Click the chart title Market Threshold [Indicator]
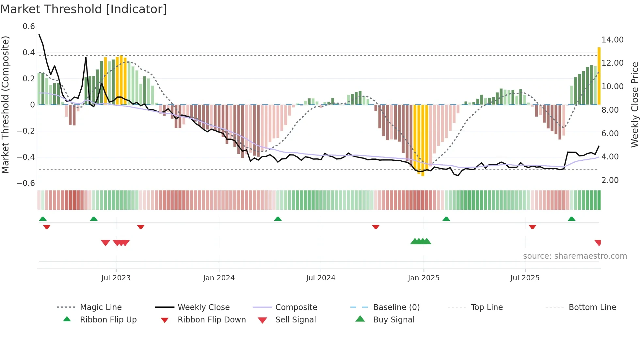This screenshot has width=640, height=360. [x=84, y=9]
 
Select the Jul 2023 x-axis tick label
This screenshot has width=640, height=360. [x=116, y=278]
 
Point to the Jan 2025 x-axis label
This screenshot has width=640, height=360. [x=424, y=278]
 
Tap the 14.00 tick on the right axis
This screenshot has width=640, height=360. [x=612, y=40]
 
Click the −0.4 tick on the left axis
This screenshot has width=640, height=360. [x=26, y=157]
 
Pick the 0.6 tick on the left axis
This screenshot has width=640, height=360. [x=28, y=26]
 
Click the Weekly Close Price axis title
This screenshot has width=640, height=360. [x=634, y=105]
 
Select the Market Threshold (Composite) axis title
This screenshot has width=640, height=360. [x=5, y=105]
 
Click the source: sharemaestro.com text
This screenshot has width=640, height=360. [x=575, y=256]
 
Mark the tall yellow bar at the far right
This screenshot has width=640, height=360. [x=599, y=76]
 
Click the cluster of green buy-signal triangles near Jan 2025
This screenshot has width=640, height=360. [x=421, y=241]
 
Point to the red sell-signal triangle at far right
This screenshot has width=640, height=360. [x=598, y=242]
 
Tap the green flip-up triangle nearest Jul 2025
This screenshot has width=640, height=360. [x=571, y=219]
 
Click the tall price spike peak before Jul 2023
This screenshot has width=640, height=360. [x=86, y=58]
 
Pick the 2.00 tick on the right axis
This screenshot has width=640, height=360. [x=610, y=180]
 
